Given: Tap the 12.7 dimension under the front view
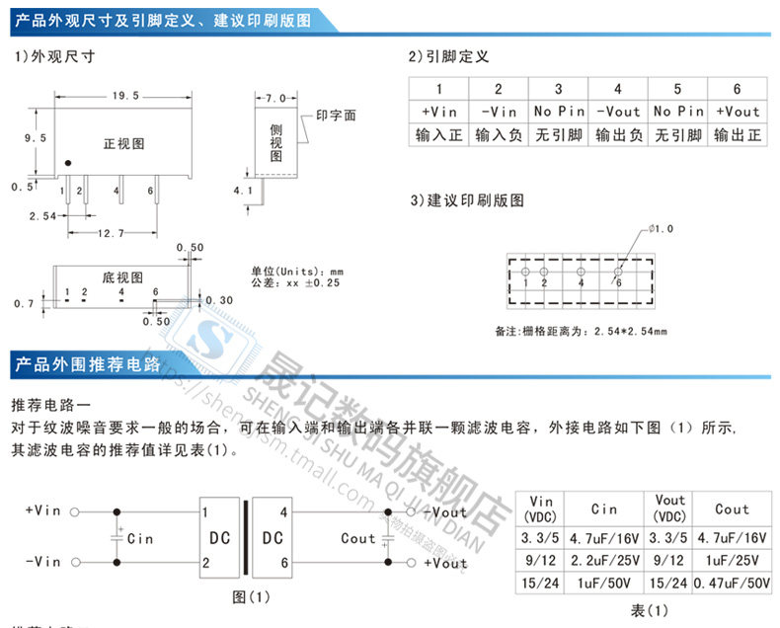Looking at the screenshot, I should [x=112, y=234].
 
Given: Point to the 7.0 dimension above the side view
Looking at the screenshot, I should [x=275, y=98].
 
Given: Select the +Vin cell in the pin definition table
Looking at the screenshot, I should [x=439, y=112].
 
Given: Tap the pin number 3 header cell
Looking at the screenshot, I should [x=558, y=89].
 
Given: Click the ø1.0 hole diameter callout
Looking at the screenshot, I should [x=661, y=229].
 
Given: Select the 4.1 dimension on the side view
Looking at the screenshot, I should [x=243, y=189].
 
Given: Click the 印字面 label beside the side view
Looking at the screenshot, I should [x=336, y=116].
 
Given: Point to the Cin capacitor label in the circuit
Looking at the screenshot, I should [x=140, y=539].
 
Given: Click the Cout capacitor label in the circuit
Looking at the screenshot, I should [x=358, y=539].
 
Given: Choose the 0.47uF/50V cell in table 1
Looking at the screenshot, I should [x=732, y=583].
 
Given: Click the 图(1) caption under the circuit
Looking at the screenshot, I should [x=250, y=597].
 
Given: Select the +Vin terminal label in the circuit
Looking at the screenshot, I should [x=42, y=510].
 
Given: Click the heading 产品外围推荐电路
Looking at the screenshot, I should [x=88, y=364].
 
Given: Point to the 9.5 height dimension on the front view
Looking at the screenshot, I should [x=36, y=139].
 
